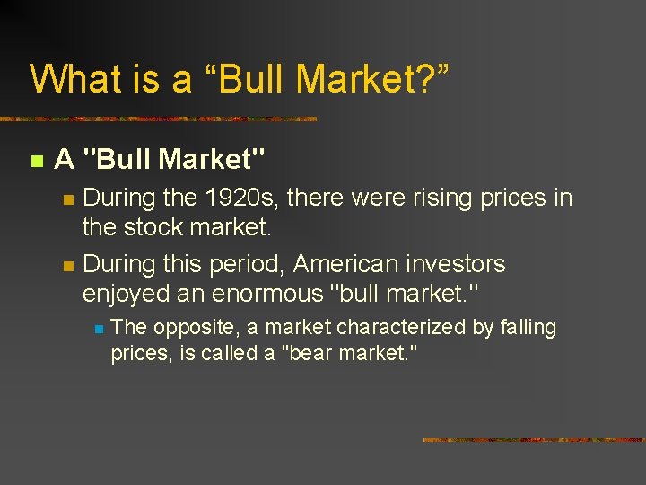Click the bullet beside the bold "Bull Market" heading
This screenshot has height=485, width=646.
point(36,162)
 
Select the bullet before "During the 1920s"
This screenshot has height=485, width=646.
point(67,199)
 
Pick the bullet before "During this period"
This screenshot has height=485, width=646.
point(67,266)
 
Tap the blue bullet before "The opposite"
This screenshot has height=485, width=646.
point(99,330)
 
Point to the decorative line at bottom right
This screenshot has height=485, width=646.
point(534,440)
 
